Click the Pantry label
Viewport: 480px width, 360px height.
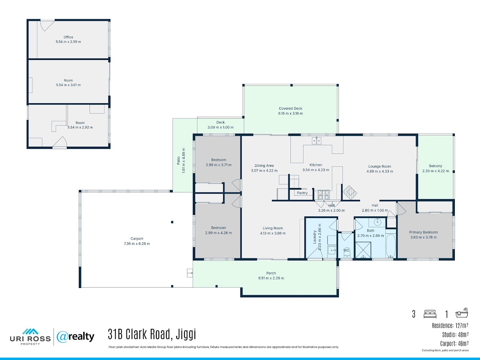(302, 193)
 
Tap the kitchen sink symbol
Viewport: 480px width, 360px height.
(316, 140)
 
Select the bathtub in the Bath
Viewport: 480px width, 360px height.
(390, 246)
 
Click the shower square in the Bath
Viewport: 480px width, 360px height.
(363, 250)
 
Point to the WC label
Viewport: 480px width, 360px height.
(346, 250)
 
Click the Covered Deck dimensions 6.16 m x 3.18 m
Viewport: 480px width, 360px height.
(290, 114)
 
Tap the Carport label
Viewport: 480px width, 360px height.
(137, 239)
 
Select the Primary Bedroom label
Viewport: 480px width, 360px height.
(423, 232)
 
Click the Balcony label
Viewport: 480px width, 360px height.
(436, 166)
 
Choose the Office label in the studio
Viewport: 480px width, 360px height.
(68, 37)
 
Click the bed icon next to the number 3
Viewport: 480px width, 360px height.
(430, 314)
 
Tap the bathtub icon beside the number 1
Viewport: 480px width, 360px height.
(462, 313)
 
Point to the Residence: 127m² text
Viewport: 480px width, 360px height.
(450, 326)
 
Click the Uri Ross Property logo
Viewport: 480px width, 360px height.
(30, 337)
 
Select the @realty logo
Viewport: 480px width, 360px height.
(76, 337)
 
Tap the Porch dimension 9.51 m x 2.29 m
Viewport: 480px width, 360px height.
(271, 278)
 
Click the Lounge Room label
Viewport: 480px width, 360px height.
(380, 166)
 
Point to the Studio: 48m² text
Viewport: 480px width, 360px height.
(455, 335)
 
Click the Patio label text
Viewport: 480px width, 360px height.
(178, 160)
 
